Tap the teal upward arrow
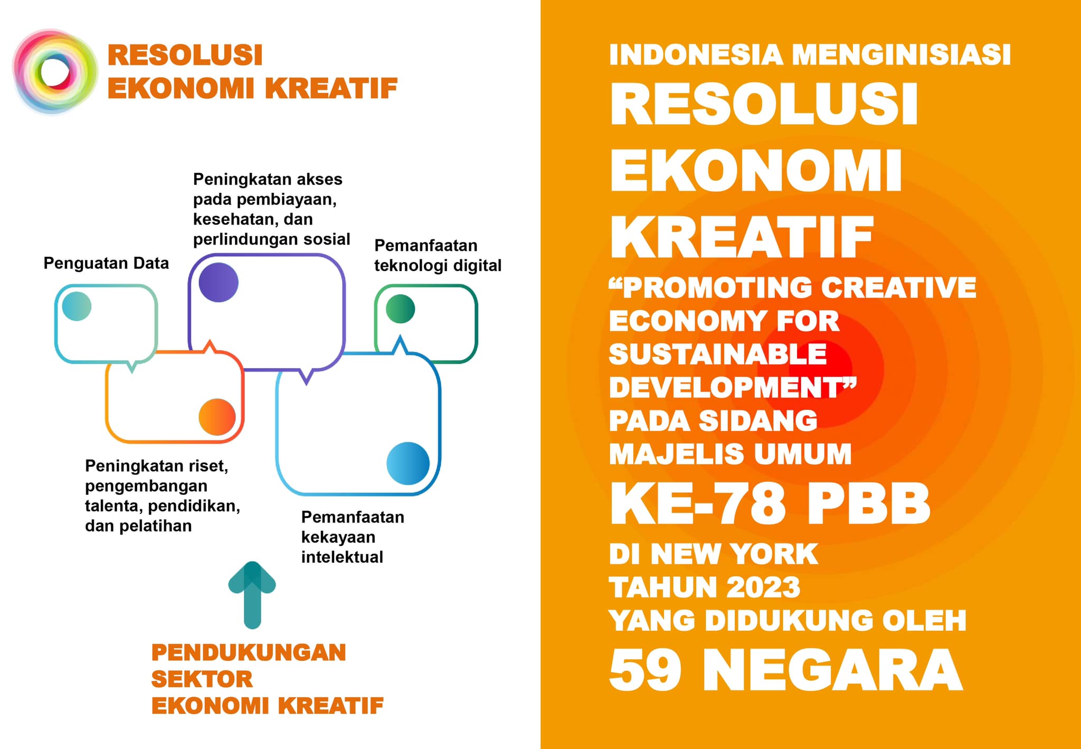tap(252, 595)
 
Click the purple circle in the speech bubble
tap(219, 282)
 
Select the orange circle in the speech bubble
tap(217, 417)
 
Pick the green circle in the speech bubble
tap(401, 308)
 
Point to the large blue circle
tap(408, 463)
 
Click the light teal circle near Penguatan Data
tap(77, 306)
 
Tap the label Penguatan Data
tap(106, 263)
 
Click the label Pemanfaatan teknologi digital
tap(438, 255)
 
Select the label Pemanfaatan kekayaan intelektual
tap(353, 537)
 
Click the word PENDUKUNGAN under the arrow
tap(249, 652)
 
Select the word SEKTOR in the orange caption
tap(202, 679)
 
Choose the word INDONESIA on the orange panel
tap(696, 55)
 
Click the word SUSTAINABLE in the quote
tap(718, 354)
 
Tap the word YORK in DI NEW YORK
tap(775, 554)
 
